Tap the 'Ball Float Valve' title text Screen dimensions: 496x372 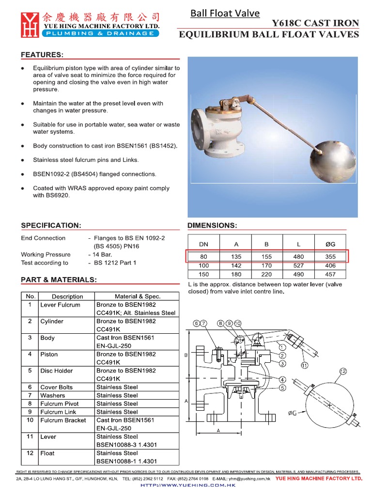[x=225, y=13]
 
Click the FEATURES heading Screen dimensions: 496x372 [x=43, y=55]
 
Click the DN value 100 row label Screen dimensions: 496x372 [x=204, y=265]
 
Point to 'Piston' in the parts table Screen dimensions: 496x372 [x=49, y=354]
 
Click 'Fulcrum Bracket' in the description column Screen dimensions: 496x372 [x=63, y=420]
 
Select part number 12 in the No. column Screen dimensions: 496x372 [x=30, y=453]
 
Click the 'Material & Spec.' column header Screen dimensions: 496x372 [x=137, y=296]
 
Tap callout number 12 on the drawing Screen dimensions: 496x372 [x=344, y=372]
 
